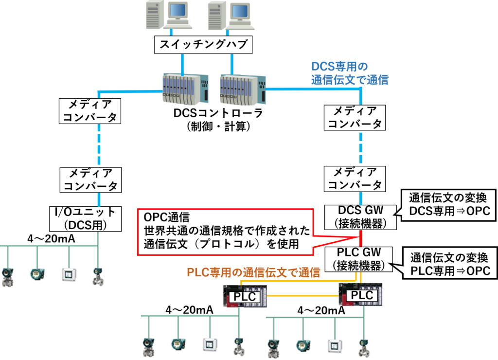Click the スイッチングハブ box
coord(203,44)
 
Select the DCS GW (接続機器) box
coord(360,217)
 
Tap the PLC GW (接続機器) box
coord(358,259)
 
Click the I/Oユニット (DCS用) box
coord(86,218)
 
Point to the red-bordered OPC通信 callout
coord(226,232)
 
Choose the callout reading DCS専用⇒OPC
coord(449,205)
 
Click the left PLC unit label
coord(245,297)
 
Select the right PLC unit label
coord(362,295)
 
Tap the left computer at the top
coord(168,15)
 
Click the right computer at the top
coord(231,15)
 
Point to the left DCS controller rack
coord(185,89)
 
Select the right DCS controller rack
coord(243,90)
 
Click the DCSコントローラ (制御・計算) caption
coord(218,120)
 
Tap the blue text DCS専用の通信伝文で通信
coord(350,73)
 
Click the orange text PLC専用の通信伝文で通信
coord(253,272)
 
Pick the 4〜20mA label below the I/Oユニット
coord(51,239)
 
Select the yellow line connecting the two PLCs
coord(302,296)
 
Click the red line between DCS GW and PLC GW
coord(360,238)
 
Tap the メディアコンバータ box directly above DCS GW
coord(355,179)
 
